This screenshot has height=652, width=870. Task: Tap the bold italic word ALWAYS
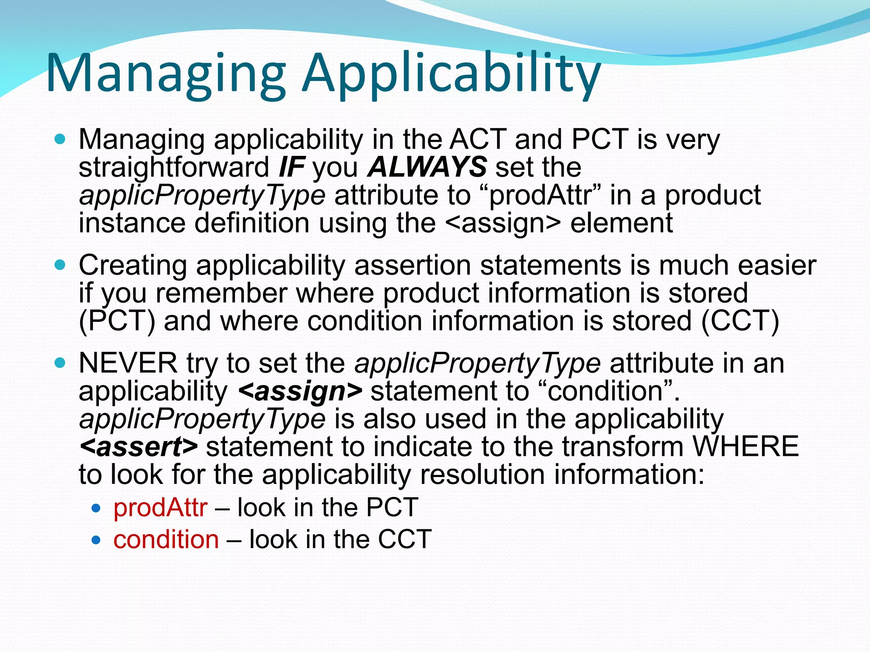click(x=427, y=167)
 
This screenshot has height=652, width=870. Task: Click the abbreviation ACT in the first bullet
click(x=477, y=139)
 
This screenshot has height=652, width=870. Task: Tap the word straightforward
click(x=174, y=167)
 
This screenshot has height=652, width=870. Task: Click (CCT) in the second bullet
click(x=740, y=320)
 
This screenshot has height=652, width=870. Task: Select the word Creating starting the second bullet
click(x=133, y=265)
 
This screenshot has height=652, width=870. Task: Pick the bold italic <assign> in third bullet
click(x=300, y=391)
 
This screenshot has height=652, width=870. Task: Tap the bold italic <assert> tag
click(x=138, y=447)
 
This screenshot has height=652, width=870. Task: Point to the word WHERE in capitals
click(x=745, y=447)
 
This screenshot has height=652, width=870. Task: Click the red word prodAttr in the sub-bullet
click(x=161, y=507)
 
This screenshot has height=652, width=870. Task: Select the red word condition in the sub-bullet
click(x=166, y=539)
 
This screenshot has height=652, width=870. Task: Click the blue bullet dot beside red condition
click(x=96, y=540)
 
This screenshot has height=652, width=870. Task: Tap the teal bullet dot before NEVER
click(x=60, y=363)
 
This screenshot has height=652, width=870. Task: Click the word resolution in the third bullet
click(x=482, y=474)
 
